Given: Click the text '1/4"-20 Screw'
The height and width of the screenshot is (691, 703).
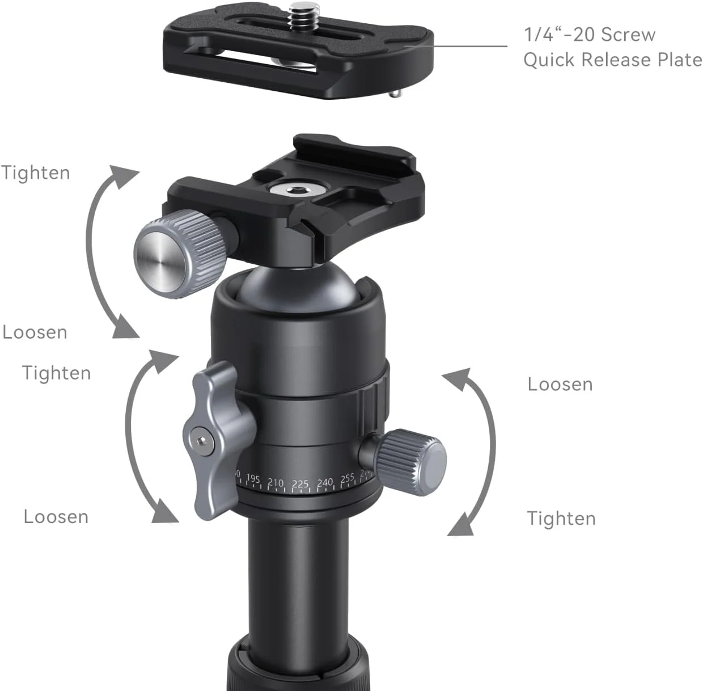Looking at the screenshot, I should [590, 35].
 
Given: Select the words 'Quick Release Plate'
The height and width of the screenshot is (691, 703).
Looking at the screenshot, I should [612, 60].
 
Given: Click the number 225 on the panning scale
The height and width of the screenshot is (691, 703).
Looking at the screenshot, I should [300, 484].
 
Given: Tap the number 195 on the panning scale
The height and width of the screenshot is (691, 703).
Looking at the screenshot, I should [253, 479].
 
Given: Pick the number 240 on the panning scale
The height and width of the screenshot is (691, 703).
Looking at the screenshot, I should [325, 483].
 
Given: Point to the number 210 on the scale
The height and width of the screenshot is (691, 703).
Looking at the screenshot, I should [276, 483].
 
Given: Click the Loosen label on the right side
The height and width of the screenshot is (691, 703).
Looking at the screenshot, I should [560, 384].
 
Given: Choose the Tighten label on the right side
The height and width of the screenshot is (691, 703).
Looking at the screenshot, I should [561, 518].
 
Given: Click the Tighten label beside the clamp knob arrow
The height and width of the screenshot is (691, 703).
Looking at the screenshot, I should [36, 172].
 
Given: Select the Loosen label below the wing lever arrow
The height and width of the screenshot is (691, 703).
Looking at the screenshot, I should [56, 516].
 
